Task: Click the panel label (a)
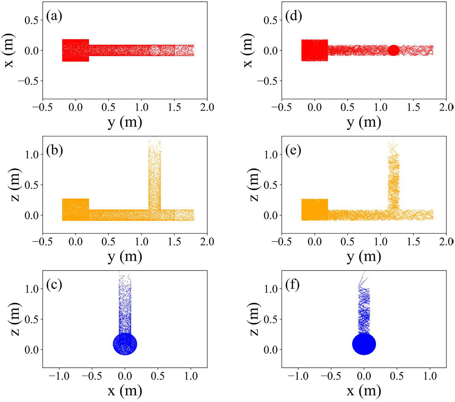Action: coord(54,16)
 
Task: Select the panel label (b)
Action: coord(55,151)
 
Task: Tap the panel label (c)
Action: coord(54,285)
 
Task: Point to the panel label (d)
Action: coord(293,16)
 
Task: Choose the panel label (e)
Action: coord(293,151)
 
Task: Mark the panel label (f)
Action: coord(293,285)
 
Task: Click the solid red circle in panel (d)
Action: coord(394,50)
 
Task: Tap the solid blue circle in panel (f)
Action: coord(364,344)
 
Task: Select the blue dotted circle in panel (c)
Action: coord(125,344)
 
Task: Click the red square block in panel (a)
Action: coord(76,50)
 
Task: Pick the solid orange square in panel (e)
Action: coord(315,210)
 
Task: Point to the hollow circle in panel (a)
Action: coord(155,50)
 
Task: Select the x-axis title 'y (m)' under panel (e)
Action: coord(364,256)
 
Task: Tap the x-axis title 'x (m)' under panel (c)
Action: coord(125,391)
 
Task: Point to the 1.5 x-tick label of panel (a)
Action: coord(174,108)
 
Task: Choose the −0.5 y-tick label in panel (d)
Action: coord(268,81)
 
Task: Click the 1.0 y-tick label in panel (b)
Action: coord(32,155)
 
